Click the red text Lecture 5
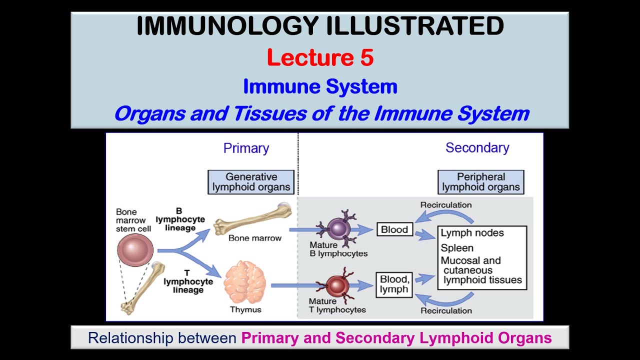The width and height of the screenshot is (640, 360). pos(320,58)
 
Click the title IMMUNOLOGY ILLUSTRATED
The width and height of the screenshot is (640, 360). pos(320,26)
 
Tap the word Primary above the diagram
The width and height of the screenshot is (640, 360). pos(246,148)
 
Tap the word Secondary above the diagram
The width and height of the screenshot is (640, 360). pos(477,148)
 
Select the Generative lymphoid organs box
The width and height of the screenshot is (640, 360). pos(251,182)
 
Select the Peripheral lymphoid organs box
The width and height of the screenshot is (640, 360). pos(480,182)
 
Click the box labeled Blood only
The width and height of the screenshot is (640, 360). pos(394,230)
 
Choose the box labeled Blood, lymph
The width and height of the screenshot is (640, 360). pos(394,284)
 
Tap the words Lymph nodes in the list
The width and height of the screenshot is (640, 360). pos(472,233)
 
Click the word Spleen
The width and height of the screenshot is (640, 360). pos(457,248)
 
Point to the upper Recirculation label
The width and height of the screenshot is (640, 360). pos(445,205)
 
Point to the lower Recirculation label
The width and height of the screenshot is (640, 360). pos(445,310)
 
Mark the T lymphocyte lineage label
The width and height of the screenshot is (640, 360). pos(188,281)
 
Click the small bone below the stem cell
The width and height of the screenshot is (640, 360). pos(143,290)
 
